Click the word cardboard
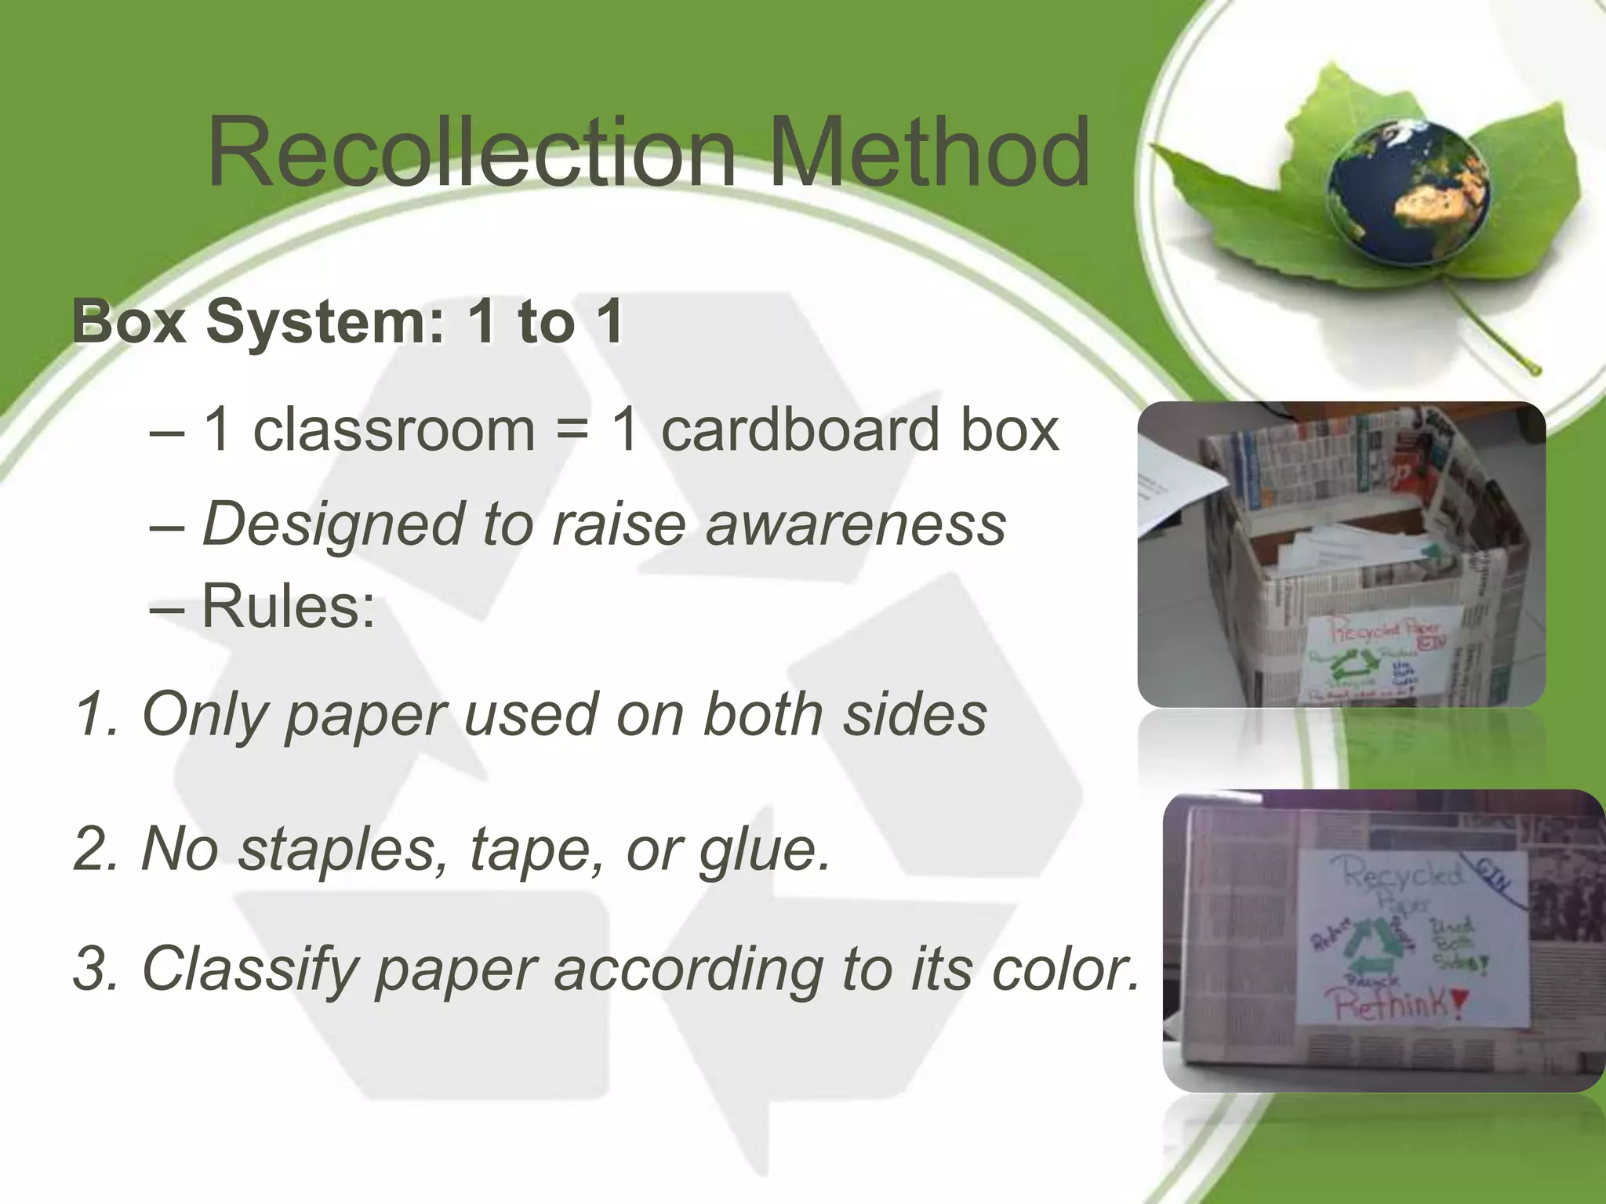800,430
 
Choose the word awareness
855,524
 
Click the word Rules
287,607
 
